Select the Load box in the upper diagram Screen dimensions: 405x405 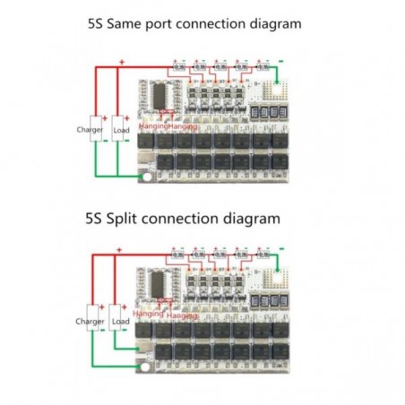tap(121, 130)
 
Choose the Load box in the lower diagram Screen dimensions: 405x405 tap(121, 321)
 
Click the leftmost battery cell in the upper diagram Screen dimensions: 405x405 tap(178, 65)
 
